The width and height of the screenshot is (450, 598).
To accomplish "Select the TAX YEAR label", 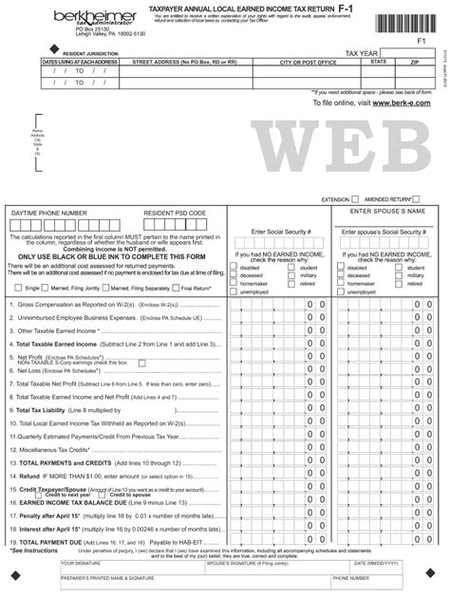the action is [x=365, y=55].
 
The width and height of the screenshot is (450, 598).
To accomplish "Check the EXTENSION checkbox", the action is [x=355, y=199].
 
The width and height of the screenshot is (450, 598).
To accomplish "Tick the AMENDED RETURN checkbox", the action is [x=418, y=199].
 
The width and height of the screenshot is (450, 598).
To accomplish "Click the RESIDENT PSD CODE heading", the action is [x=175, y=215].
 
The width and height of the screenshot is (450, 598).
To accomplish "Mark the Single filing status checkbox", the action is [x=20, y=287].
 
